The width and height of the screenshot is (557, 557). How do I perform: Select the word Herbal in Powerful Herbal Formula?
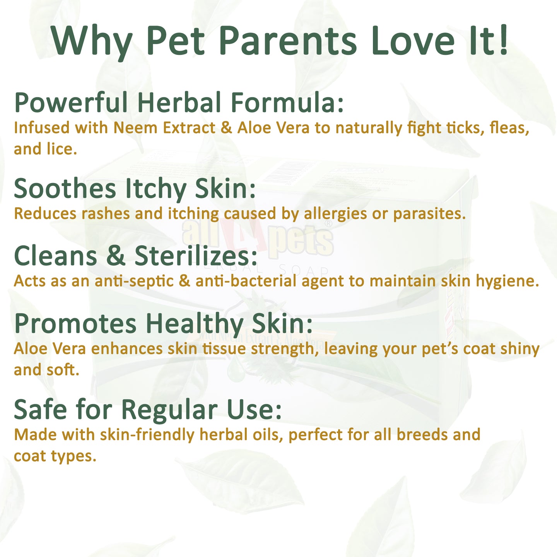(179, 102)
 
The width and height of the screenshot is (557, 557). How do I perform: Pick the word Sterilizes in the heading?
(196, 256)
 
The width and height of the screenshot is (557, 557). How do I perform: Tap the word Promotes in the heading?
(75, 324)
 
